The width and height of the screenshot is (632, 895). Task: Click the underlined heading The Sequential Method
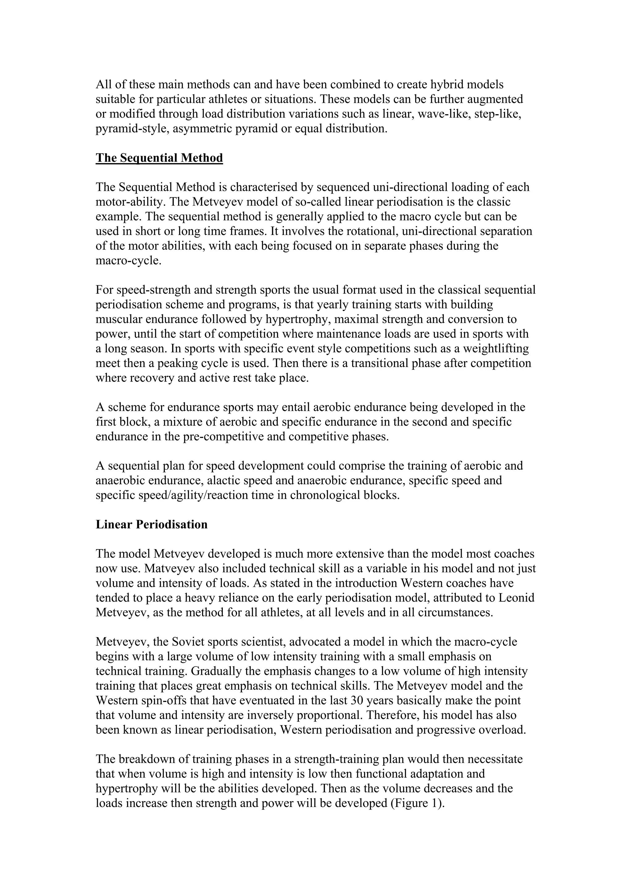159,158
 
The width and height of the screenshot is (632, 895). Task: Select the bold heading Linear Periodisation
152,524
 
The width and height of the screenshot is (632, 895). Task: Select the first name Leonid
516,598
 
